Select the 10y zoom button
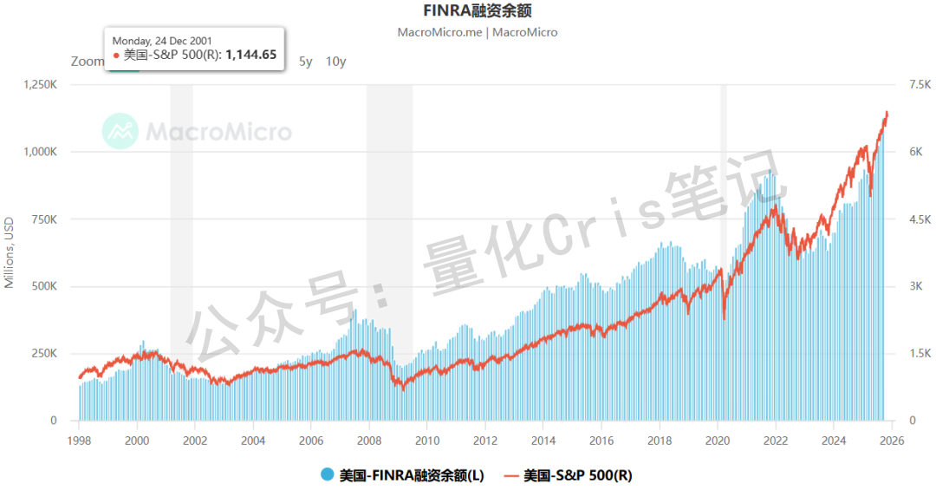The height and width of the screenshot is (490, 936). (335, 62)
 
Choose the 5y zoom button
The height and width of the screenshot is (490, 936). (305, 62)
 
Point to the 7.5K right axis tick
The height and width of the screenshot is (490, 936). (918, 85)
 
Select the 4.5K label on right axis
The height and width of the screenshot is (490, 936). (918, 219)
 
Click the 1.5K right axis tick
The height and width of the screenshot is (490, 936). (918, 354)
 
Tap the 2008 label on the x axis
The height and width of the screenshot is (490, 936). (369, 440)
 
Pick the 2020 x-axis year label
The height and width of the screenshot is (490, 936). (718, 440)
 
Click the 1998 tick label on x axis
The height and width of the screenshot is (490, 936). (79, 440)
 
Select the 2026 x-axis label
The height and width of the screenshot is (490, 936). (892, 440)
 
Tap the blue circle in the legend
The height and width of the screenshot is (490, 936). (327, 474)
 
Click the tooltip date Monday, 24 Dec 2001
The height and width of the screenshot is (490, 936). (162, 40)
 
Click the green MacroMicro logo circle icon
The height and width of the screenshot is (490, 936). (120, 131)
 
